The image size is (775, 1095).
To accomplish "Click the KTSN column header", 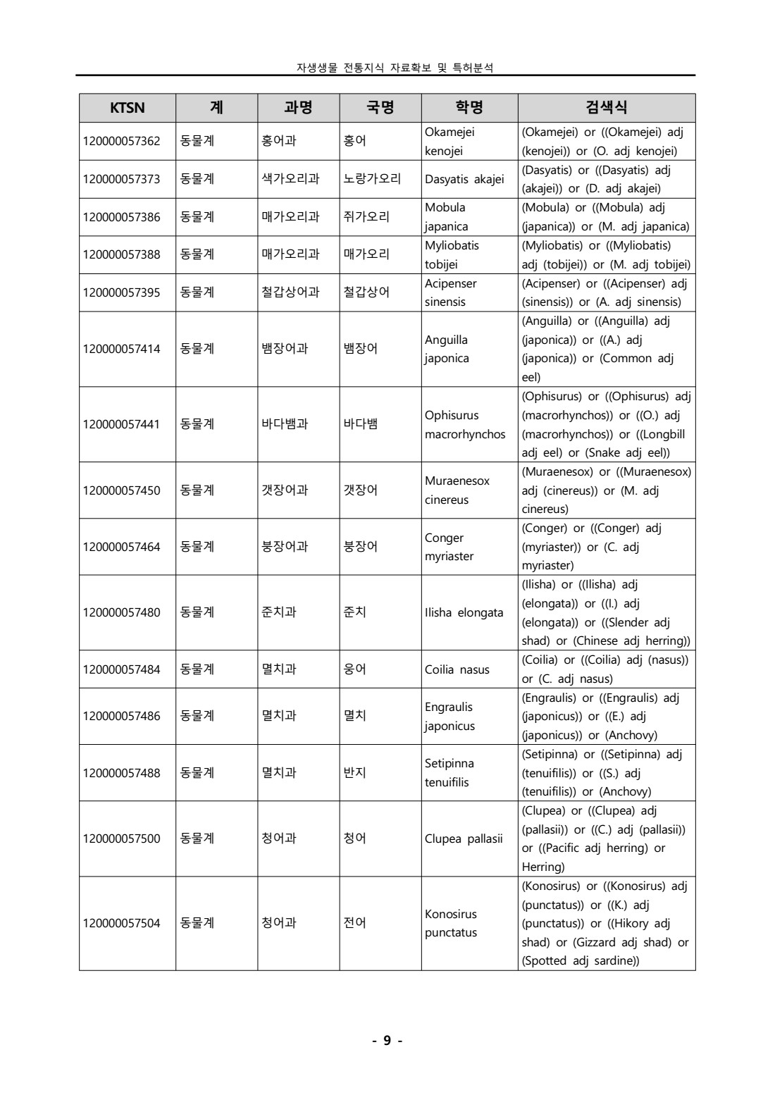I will (x=127, y=108).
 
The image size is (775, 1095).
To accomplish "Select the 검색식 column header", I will (x=606, y=108).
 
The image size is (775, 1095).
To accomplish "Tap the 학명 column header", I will (x=469, y=108).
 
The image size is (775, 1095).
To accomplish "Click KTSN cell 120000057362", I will (x=122, y=141).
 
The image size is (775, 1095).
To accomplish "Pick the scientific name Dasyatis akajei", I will (x=464, y=179).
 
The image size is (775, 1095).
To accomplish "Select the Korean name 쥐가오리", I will (x=366, y=217).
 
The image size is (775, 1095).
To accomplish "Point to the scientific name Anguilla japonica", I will (x=447, y=349).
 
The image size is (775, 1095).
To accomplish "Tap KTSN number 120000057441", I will (x=122, y=424).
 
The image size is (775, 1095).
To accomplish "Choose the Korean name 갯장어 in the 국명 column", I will (x=360, y=490).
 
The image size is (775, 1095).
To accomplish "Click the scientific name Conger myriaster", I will (x=449, y=547).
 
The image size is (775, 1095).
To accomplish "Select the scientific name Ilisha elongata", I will (x=464, y=612).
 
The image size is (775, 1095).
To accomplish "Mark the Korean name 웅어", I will (x=354, y=669).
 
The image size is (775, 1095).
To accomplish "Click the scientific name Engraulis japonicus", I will (x=449, y=716).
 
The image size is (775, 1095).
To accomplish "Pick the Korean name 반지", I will (x=354, y=773).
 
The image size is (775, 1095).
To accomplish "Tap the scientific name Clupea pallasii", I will (x=464, y=839).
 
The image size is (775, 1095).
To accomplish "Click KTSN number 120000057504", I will (x=122, y=923).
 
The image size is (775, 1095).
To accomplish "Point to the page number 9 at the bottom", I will (x=387, y=1041).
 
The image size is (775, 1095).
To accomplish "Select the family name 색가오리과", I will (x=290, y=179).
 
